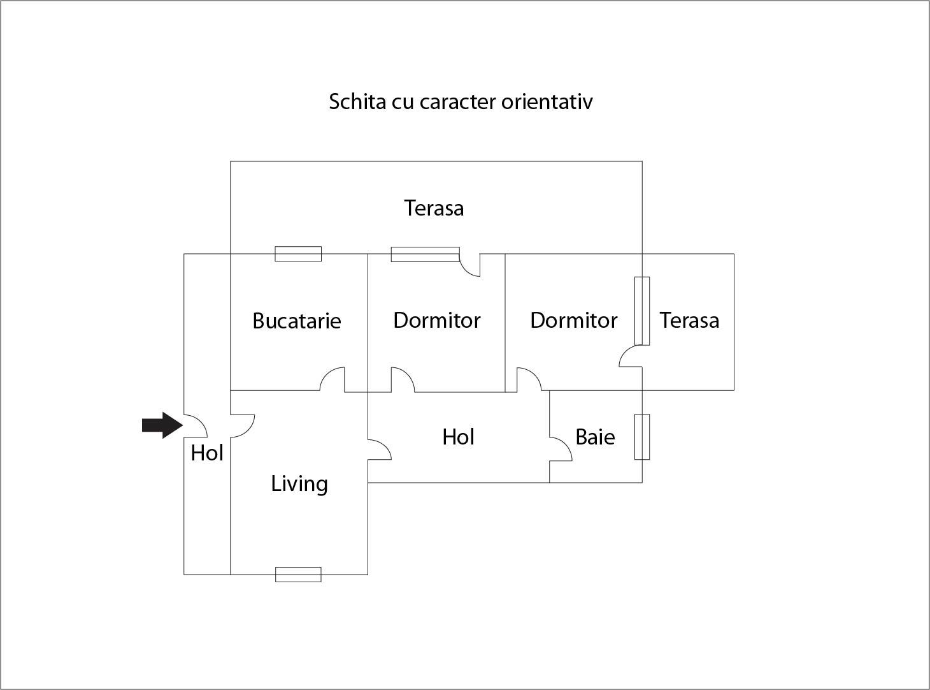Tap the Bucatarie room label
[x=297, y=320]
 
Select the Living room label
[x=299, y=483]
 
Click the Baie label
[x=595, y=437]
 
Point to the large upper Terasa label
[x=434, y=208]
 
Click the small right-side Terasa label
[x=689, y=320]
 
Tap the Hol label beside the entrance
[x=207, y=453]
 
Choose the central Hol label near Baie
[x=459, y=437]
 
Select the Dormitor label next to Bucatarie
[x=437, y=320]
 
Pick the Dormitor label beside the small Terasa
[x=574, y=320]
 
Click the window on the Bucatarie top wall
[x=298, y=254]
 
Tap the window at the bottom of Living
[x=298, y=575]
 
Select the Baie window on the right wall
[x=642, y=437]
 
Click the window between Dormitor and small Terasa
[x=642, y=311]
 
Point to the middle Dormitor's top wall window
[x=425, y=254]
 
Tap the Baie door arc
[x=561, y=448]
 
